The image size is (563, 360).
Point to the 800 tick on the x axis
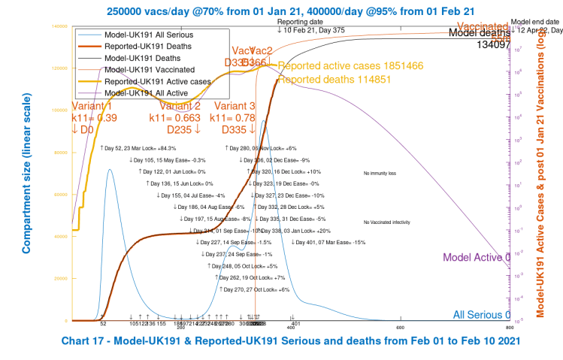coord(510,327)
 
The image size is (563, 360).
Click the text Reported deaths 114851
coord(323,78)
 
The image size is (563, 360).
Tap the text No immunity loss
coord(380,173)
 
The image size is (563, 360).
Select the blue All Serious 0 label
coord(482,315)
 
